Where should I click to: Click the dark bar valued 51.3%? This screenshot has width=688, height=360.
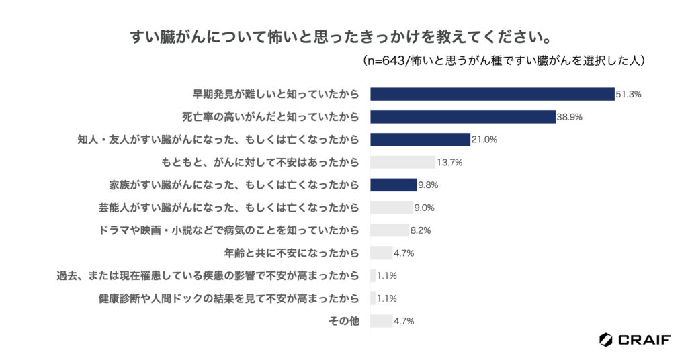[492, 94]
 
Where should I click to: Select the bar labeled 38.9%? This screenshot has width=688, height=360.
[463, 117]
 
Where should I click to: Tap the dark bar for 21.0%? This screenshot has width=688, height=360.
[420, 140]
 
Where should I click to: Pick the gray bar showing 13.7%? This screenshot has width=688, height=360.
[403, 162]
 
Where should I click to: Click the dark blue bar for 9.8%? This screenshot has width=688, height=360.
[394, 185]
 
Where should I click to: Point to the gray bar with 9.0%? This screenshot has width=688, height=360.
[392, 208]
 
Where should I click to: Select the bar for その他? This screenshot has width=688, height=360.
[382, 321]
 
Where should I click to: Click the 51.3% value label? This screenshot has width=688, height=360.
[629, 95]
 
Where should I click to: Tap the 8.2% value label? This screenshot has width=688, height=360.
[421, 230]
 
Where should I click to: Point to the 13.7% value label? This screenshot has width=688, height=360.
[449, 163]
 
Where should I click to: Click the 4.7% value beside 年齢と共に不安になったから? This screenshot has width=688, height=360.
[404, 253]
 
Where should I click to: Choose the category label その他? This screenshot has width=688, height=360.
[343, 321]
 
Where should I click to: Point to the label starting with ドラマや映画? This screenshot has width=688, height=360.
[229, 230]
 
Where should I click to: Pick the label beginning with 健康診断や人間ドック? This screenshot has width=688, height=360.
[229, 298]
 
